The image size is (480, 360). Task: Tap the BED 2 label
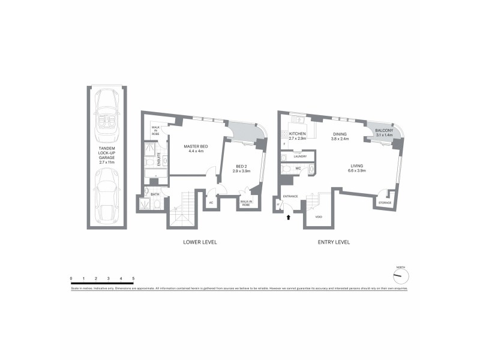(241, 167)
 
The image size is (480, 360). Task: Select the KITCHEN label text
(298, 134)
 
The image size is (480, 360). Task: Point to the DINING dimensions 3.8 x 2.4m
(340, 139)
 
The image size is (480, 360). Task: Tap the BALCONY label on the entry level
(384, 130)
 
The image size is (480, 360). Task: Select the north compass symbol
(400, 275)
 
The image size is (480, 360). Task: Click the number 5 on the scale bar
(133, 278)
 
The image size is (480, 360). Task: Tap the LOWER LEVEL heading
(200, 242)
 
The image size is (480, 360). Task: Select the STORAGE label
(385, 203)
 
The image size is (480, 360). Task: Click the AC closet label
(211, 202)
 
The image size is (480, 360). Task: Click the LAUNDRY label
(300, 157)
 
